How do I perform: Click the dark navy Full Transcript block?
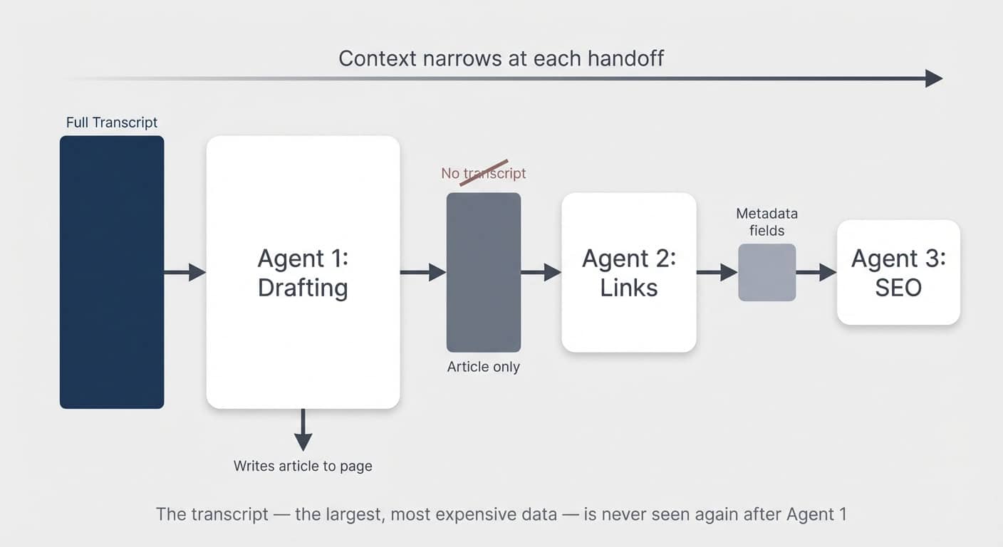(112, 272)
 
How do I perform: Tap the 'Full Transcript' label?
(112, 123)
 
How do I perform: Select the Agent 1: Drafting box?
(303, 272)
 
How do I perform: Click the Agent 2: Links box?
(628, 272)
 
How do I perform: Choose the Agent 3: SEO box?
(898, 272)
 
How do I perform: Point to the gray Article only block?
(484, 272)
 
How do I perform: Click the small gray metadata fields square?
(766, 272)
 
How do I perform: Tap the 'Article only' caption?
(484, 367)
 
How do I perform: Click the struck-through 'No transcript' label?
(484, 173)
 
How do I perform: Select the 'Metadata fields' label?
(766, 222)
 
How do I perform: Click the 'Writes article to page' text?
(303, 467)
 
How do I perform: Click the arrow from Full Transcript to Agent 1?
(185, 272)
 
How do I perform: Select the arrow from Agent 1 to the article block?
(422, 272)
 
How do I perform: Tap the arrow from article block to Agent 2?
(541, 272)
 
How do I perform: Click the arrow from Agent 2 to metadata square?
(717, 272)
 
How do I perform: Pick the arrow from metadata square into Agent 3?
(816, 272)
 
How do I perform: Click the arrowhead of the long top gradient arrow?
(934, 78)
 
